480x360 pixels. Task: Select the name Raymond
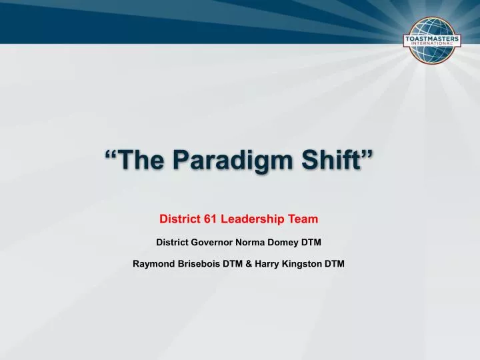(153, 263)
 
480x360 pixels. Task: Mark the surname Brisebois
(198, 263)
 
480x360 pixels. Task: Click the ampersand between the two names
(249, 263)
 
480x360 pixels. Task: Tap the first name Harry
(266, 263)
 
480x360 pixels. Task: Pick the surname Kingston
(302, 263)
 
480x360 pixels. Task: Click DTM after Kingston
(335, 263)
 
